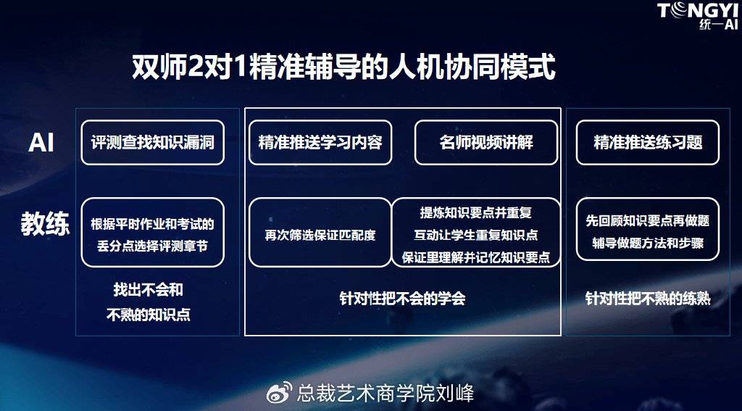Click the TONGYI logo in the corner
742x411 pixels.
click(x=698, y=17)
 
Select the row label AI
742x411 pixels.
click(x=41, y=143)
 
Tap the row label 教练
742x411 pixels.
click(x=45, y=224)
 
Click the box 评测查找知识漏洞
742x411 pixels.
click(x=152, y=143)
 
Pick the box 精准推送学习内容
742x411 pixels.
click(x=320, y=143)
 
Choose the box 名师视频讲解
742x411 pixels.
click(x=486, y=143)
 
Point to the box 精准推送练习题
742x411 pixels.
click(x=648, y=143)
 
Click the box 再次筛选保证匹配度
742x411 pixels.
click(x=320, y=233)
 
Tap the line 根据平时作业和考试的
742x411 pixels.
click(x=152, y=224)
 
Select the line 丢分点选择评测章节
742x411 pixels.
click(x=152, y=246)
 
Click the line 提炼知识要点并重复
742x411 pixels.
click(x=476, y=212)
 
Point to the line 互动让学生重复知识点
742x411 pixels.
click(x=476, y=235)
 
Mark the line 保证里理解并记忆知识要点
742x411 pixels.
click(x=476, y=257)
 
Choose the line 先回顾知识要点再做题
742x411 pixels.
click(x=648, y=220)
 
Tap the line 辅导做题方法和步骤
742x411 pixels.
click(x=648, y=243)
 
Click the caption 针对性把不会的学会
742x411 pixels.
click(x=403, y=299)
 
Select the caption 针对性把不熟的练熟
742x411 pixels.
click(x=648, y=299)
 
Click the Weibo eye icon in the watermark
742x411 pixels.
click(x=280, y=393)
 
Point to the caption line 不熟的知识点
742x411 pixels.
click(x=149, y=315)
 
